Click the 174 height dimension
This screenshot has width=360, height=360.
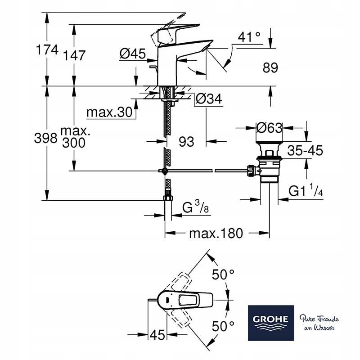tap(47, 50)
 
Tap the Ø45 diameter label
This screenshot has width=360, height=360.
tap(133, 54)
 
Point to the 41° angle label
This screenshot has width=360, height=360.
tap(249, 37)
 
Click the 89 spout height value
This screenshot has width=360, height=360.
tap(270, 68)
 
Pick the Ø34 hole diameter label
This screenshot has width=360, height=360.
tap(210, 99)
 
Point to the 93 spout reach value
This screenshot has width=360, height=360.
tap(186, 141)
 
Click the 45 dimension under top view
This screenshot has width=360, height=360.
tap(157, 335)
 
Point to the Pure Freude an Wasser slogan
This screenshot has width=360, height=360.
tap(317, 323)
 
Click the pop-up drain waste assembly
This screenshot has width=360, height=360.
tap(268, 166)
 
